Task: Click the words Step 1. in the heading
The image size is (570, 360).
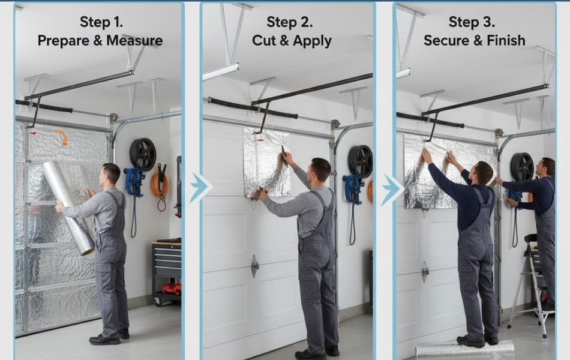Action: coord(101,22)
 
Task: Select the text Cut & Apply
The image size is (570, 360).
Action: coord(292,41)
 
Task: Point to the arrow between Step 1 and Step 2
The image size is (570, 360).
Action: coord(199,188)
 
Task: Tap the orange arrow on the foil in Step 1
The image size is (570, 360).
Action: coord(61,137)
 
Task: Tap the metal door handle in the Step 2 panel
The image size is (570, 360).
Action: coord(255,265)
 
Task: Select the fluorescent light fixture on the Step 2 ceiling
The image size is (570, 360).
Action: coord(220,72)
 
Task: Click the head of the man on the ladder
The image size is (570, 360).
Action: coord(547,167)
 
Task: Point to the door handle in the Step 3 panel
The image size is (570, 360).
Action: coord(425,271)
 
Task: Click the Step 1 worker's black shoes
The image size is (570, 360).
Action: coord(108,338)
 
